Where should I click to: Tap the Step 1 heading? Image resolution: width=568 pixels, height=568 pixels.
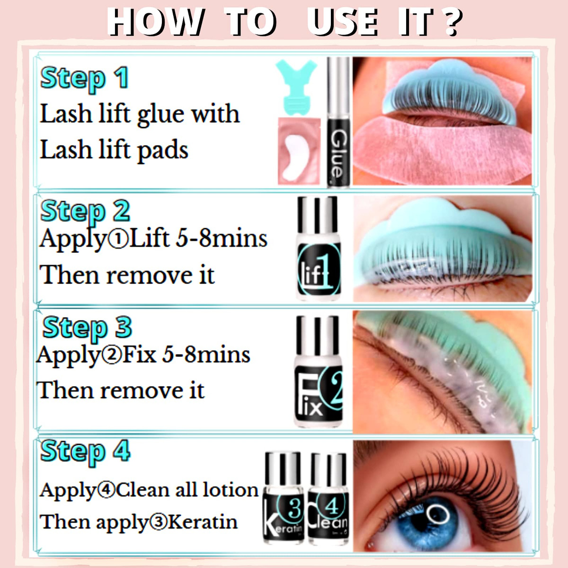(x=85, y=79)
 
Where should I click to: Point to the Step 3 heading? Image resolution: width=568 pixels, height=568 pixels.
(x=87, y=328)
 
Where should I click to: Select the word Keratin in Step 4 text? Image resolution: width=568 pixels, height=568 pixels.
(x=203, y=522)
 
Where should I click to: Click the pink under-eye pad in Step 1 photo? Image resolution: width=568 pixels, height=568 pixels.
(x=442, y=153)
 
